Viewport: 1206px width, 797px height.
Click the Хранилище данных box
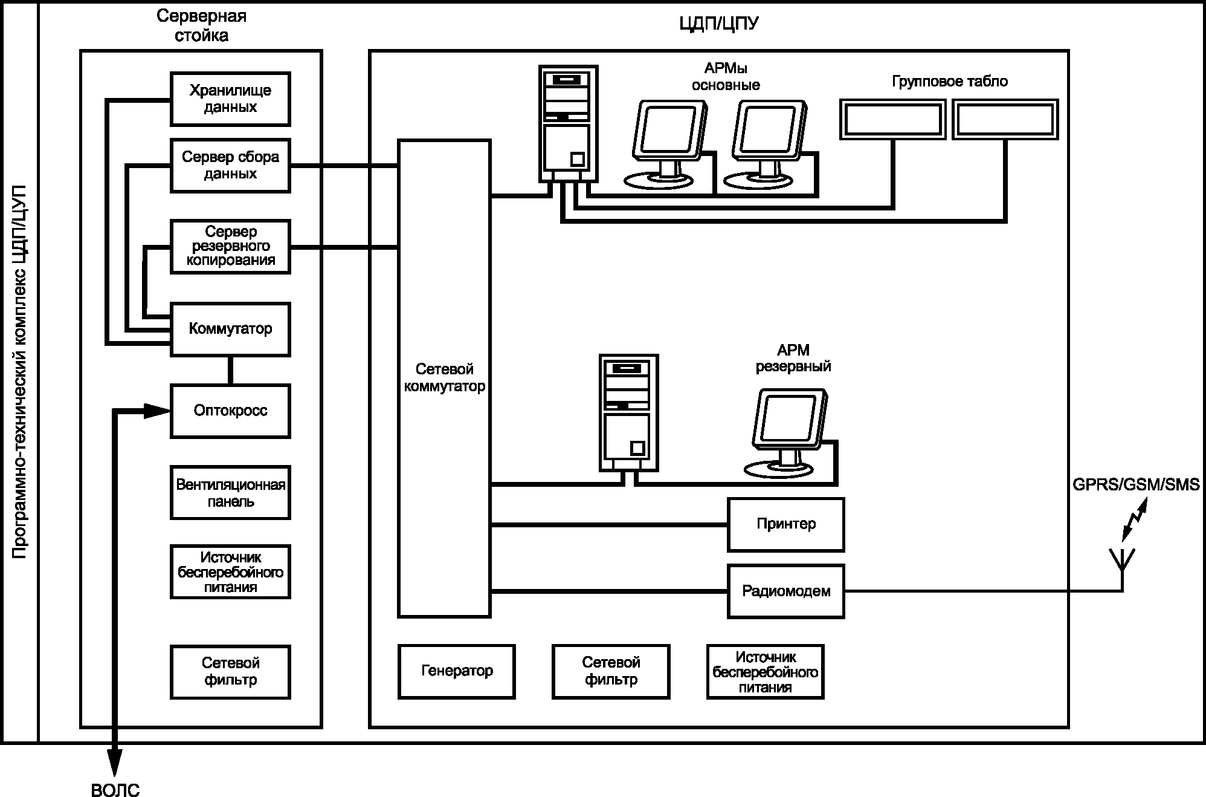[230, 99]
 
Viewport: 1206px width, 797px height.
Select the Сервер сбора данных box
[230, 166]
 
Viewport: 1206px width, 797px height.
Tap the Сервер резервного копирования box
[230, 247]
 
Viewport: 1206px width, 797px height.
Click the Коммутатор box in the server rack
[230, 330]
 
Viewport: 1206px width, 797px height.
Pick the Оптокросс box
[230, 411]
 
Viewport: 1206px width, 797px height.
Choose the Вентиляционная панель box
[230, 493]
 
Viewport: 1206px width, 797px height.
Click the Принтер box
[785, 525]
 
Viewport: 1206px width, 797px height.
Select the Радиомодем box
[785, 591]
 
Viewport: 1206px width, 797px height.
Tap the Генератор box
[457, 672]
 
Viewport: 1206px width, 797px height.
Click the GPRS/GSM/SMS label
[1136, 485]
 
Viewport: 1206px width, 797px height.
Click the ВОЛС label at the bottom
[115, 790]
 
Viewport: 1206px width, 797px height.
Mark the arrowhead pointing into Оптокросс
[157, 411]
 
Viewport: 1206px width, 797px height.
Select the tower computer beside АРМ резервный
[629, 413]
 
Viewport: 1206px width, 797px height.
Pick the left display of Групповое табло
[892, 120]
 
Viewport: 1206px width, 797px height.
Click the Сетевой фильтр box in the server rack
[230, 672]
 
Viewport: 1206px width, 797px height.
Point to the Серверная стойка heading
[201, 25]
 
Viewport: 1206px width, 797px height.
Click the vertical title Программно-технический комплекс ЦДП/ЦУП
[20, 372]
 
